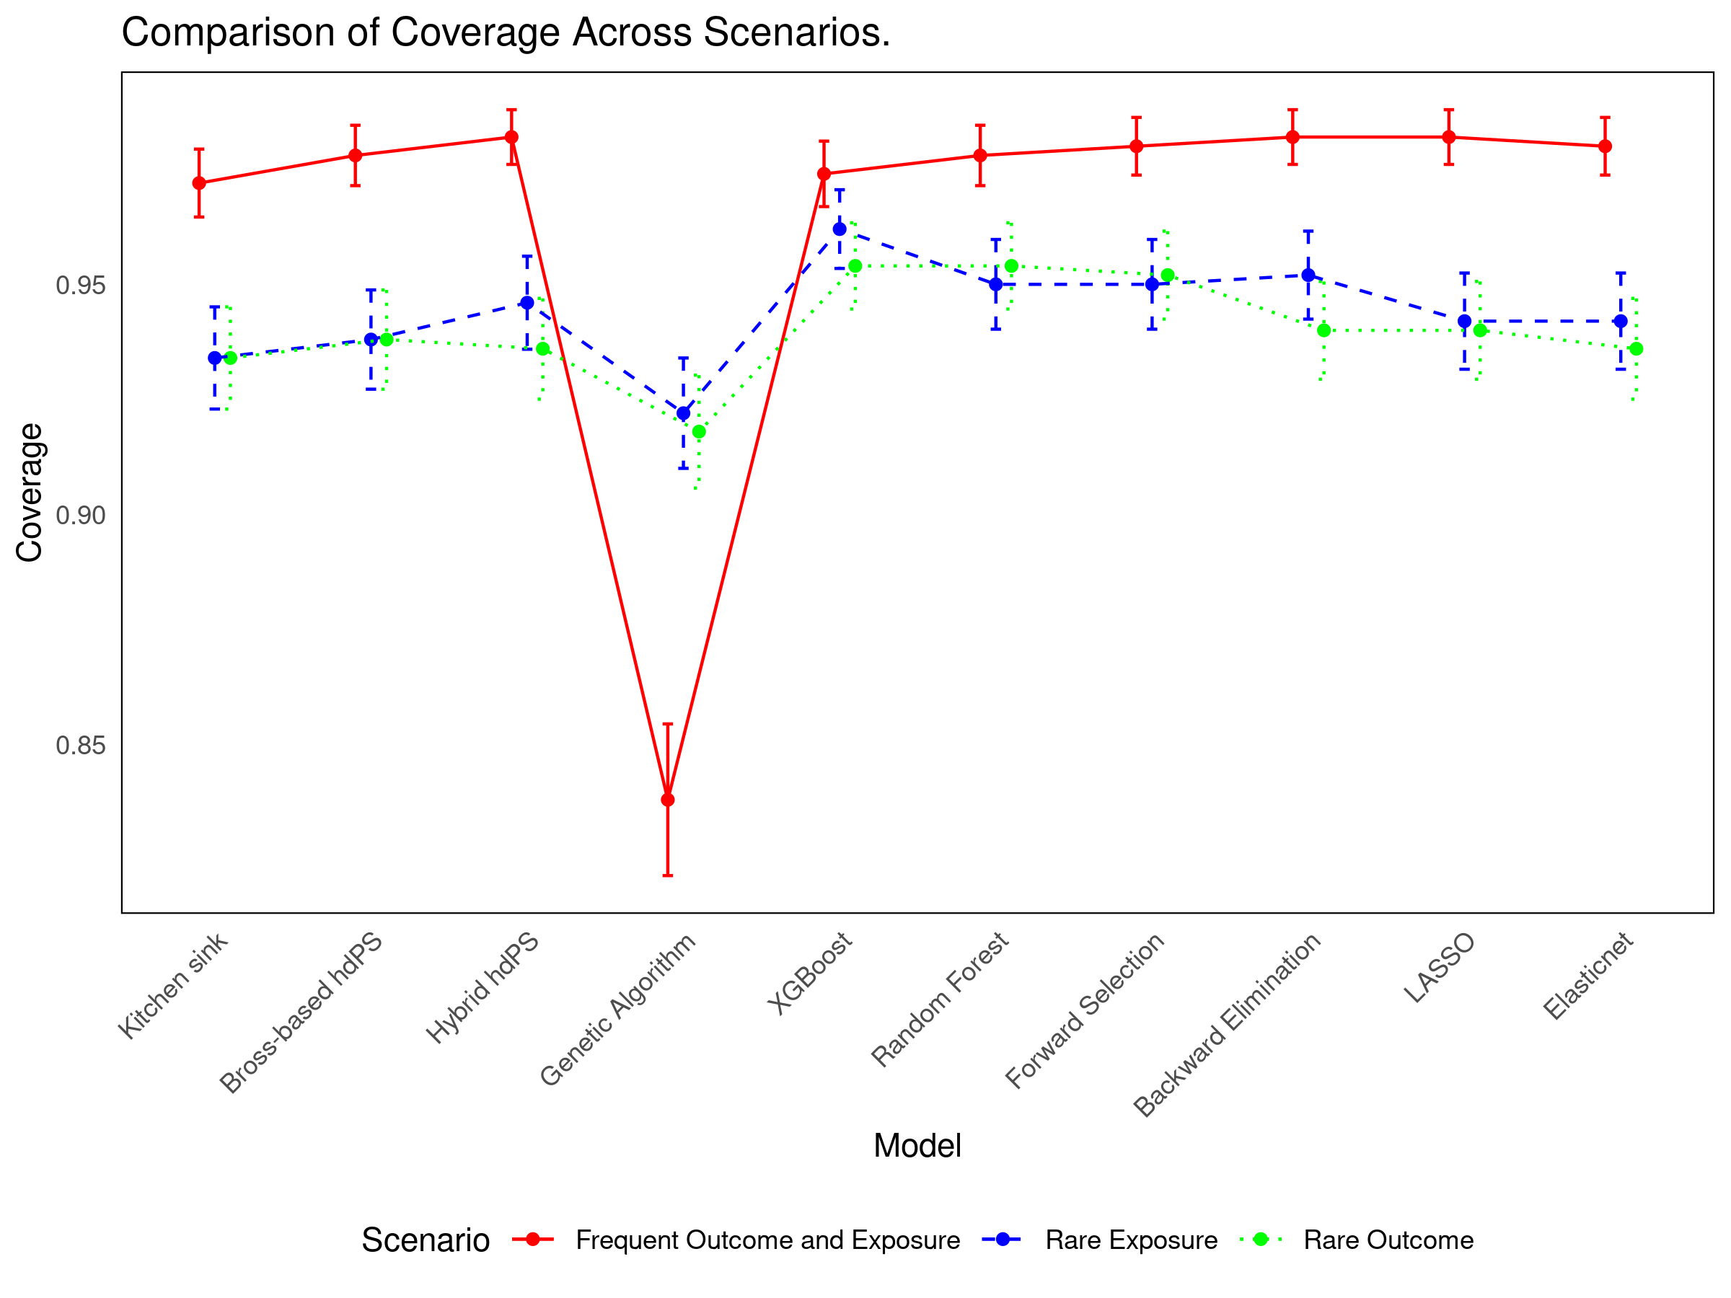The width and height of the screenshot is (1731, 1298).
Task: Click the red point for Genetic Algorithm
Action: coord(667,800)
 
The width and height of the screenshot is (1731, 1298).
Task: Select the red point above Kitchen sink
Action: coord(200,183)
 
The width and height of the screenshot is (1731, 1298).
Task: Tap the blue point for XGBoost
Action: coord(840,229)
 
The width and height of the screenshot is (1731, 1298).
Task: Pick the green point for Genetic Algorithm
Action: coord(699,432)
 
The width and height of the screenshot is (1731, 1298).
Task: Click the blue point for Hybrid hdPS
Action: coord(527,303)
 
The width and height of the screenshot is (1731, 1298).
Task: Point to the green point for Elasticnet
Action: coord(1637,349)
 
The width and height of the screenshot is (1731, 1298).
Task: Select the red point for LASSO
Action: coord(1449,137)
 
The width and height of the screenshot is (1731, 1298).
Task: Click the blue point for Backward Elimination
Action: coord(1308,275)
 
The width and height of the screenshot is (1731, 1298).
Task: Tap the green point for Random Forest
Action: coord(1011,266)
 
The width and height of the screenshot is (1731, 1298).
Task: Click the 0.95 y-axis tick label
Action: coord(81,286)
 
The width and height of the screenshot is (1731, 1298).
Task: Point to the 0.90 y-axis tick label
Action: coord(81,516)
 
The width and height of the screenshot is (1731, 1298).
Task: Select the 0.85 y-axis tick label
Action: coord(81,745)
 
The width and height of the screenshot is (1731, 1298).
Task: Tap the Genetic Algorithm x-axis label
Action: coord(618,1010)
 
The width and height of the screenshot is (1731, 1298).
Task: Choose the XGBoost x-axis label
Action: coord(810,973)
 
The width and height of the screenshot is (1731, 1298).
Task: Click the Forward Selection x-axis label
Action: coord(1085,1010)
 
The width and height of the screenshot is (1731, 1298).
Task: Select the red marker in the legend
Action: coord(533,1240)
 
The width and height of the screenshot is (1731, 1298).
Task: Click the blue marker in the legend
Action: coord(1003,1240)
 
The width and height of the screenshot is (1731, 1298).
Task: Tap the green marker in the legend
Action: coord(1261,1240)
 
